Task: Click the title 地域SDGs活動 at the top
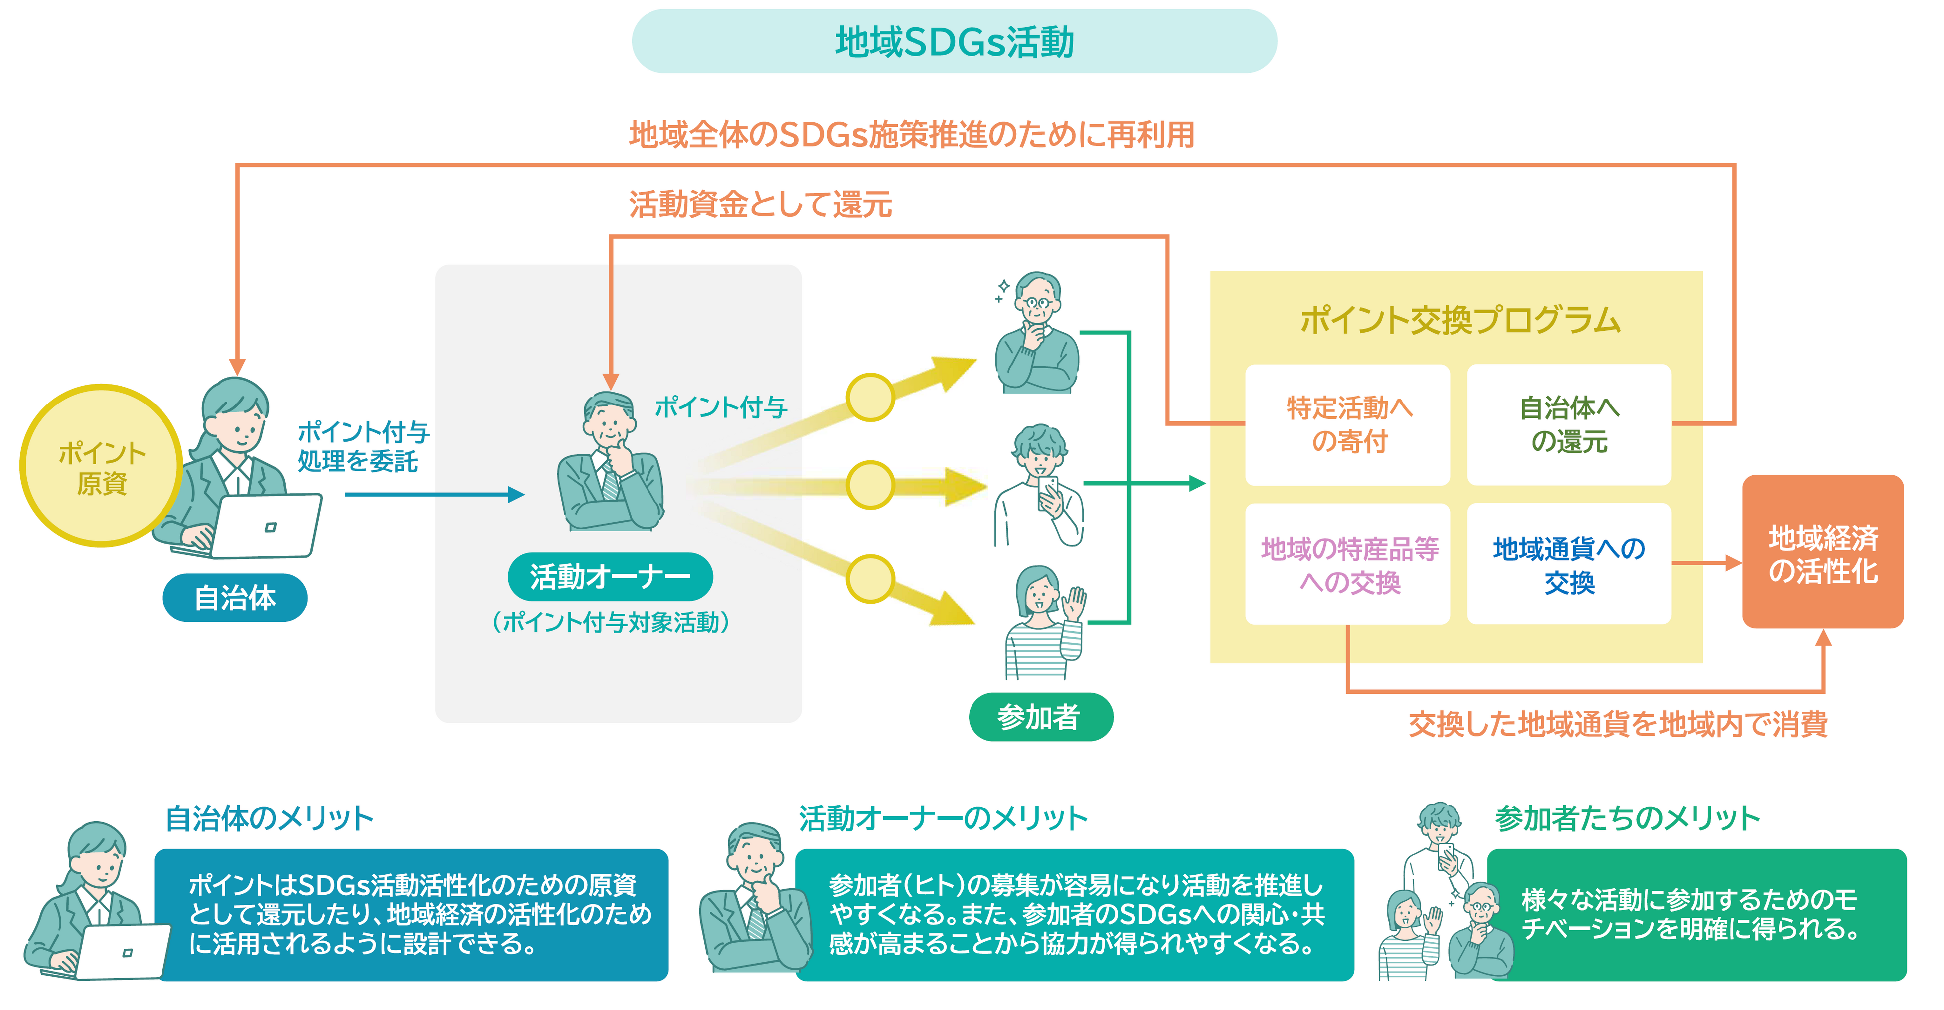954,42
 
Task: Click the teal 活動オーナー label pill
610,577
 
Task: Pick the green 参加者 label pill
1040,716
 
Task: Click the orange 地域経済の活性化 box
1822,552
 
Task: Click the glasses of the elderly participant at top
1038,303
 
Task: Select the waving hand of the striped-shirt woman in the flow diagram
1074,604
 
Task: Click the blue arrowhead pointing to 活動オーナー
516,494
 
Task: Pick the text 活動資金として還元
760,204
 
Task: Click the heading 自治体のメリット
269,818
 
